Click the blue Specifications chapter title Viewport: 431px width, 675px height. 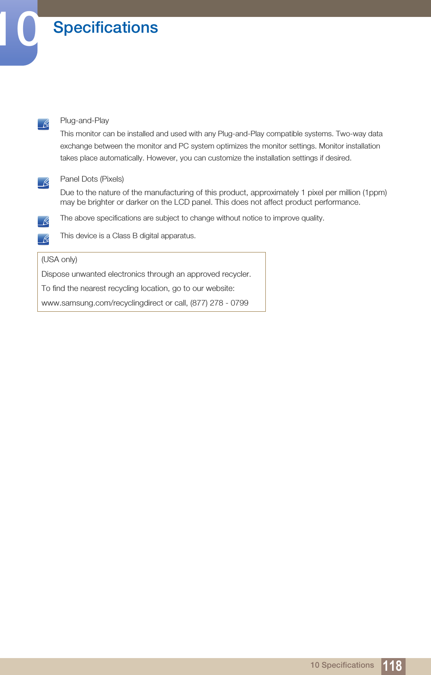106,28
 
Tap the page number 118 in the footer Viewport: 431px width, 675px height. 393,666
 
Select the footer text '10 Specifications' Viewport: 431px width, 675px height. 342,665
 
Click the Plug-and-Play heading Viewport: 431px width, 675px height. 84,120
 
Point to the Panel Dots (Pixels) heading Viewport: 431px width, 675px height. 92,179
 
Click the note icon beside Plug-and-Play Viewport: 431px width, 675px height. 44,124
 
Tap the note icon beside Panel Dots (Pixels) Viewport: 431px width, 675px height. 44,183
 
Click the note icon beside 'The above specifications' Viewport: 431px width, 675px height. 44,221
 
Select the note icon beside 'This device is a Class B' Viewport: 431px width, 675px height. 44,239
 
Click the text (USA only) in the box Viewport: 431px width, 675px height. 59,259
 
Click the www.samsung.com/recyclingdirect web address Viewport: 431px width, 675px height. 102,303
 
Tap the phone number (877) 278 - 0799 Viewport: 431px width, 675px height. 219,303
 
